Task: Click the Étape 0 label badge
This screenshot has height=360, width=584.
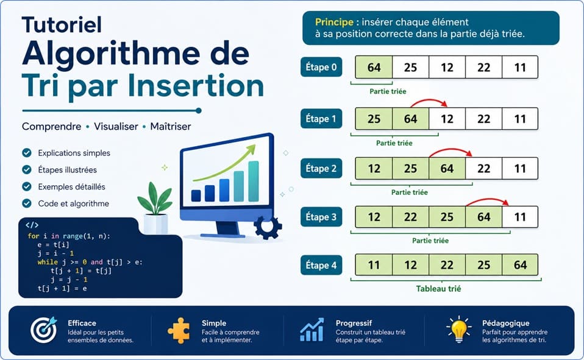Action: (x=321, y=67)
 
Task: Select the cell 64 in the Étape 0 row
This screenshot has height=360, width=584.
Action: (x=374, y=68)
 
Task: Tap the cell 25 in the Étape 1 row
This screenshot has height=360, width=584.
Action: (x=374, y=119)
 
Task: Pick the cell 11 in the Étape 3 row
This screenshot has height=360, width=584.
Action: (x=520, y=217)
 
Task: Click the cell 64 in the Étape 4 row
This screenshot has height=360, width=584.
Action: (x=520, y=265)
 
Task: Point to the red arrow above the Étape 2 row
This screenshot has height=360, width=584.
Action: (x=450, y=150)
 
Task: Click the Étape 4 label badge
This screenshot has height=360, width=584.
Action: (x=321, y=265)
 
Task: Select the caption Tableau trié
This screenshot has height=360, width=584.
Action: (x=438, y=289)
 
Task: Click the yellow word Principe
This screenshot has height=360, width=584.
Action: (x=333, y=22)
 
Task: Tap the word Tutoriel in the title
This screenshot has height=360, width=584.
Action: (x=62, y=24)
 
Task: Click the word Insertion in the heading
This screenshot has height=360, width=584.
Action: (x=196, y=86)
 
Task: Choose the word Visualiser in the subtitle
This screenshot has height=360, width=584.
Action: (x=116, y=127)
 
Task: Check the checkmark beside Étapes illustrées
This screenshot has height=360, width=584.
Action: (x=27, y=170)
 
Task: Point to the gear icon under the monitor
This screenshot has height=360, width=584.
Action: (x=268, y=227)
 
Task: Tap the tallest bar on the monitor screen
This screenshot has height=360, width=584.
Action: (x=253, y=182)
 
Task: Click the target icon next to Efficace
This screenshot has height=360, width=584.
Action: (x=44, y=330)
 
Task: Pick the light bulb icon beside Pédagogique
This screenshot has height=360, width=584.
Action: (x=459, y=330)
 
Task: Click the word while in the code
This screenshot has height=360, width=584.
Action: (x=48, y=262)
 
